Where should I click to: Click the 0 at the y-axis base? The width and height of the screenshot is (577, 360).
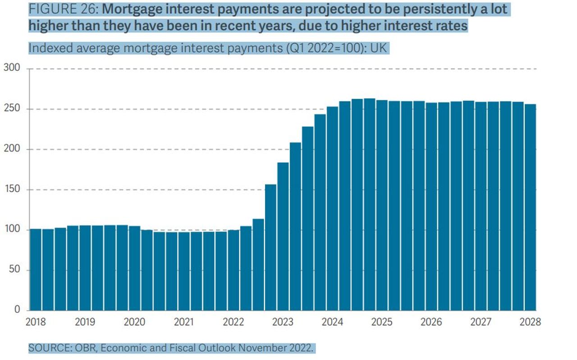tap(18, 310)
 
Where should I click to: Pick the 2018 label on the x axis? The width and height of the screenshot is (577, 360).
tap(36, 322)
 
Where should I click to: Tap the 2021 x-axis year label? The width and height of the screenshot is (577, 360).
tap(184, 322)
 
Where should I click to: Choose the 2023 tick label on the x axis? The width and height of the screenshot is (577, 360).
tap(283, 322)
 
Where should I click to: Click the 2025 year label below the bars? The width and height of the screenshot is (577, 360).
tap(382, 322)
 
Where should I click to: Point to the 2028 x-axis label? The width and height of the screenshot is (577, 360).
tap(530, 322)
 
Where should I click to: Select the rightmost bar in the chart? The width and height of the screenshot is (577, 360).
tap(530, 208)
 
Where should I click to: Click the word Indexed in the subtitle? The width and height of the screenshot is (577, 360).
tap(47, 48)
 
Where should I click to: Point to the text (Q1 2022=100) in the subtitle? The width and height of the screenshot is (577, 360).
tap(322, 48)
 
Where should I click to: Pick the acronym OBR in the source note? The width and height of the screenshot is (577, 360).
tap(85, 348)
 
